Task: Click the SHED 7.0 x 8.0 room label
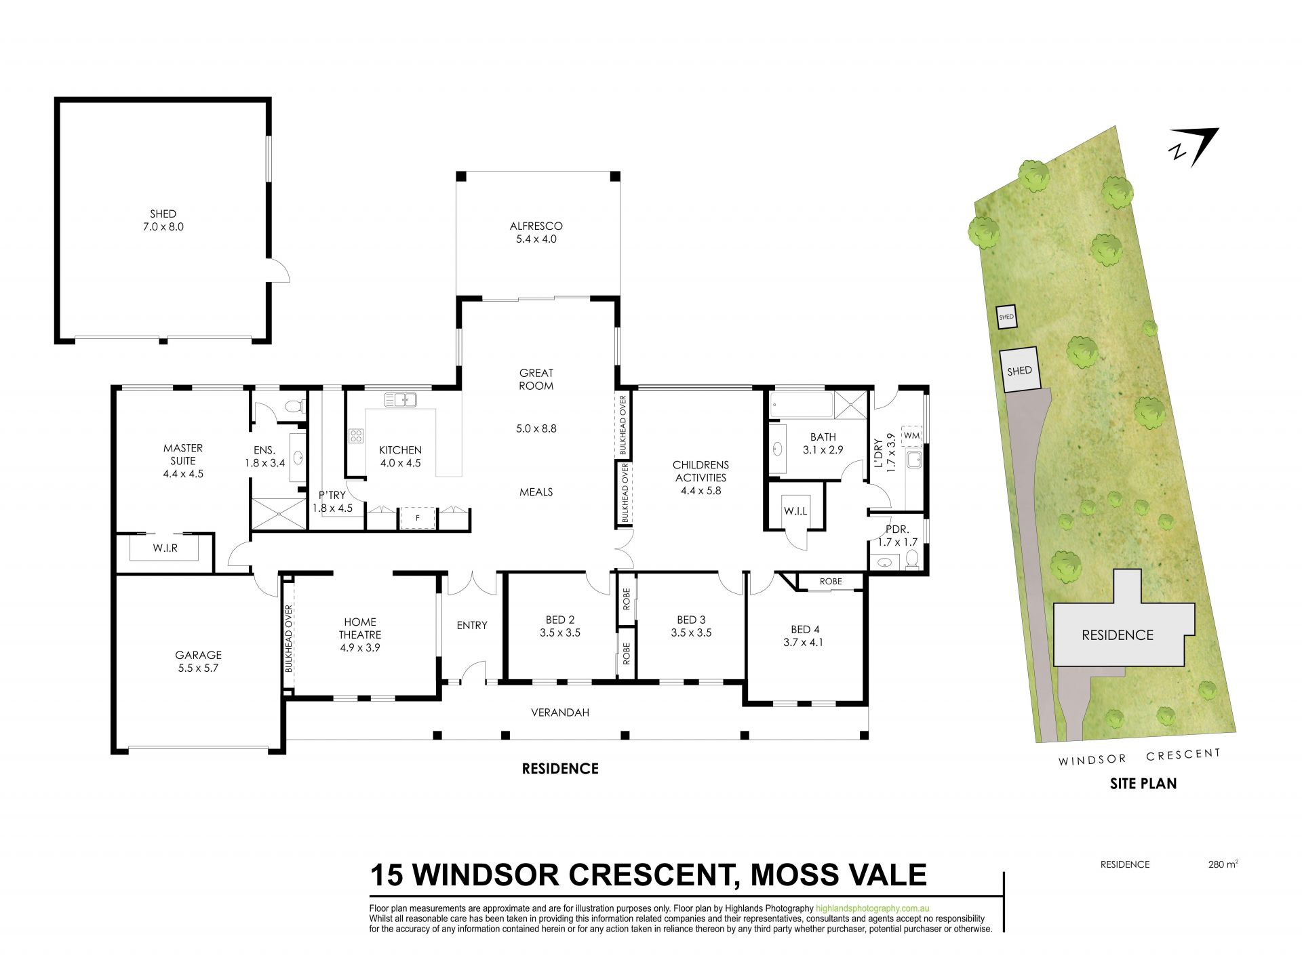pyautogui.click(x=163, y=220)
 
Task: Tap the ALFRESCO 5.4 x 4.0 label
pyautogui.click(x=536, y=233)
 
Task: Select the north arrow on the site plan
pyautogui.click(x=1193, y=148)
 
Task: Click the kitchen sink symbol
pyautogui.click(x=400, y=400)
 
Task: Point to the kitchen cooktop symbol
pyautogui.click(x=356, y=436)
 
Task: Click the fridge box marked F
pyautogui.click(x=417, y=518)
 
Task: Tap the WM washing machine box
pyautogui.click(x=912, y=435)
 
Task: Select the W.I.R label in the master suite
pyautogui.click(x=165, y=548)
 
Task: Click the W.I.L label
pyautogui.click(x=795, y=511)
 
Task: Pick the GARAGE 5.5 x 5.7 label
pyautogui.click(x=198, y=662)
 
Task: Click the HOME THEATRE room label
pyautogui.click(x=360, y=628)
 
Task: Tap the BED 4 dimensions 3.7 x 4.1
pyautogui.click(x=803, y=643)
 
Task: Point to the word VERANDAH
pyautogui.click(x=559, y=712)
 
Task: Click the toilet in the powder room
pyautogui.click(x=912, y=559)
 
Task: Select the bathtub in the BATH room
pyautogui.click(x=801, y=405)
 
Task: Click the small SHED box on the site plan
pyautogui.click(x=1006, y=317)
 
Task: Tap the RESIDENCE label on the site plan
pyautogui.click(x=1118, y=635)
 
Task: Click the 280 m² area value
pyautogui.click(x=1223, y=864)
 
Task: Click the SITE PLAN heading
pyautogui.click(x=1143, y=784)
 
